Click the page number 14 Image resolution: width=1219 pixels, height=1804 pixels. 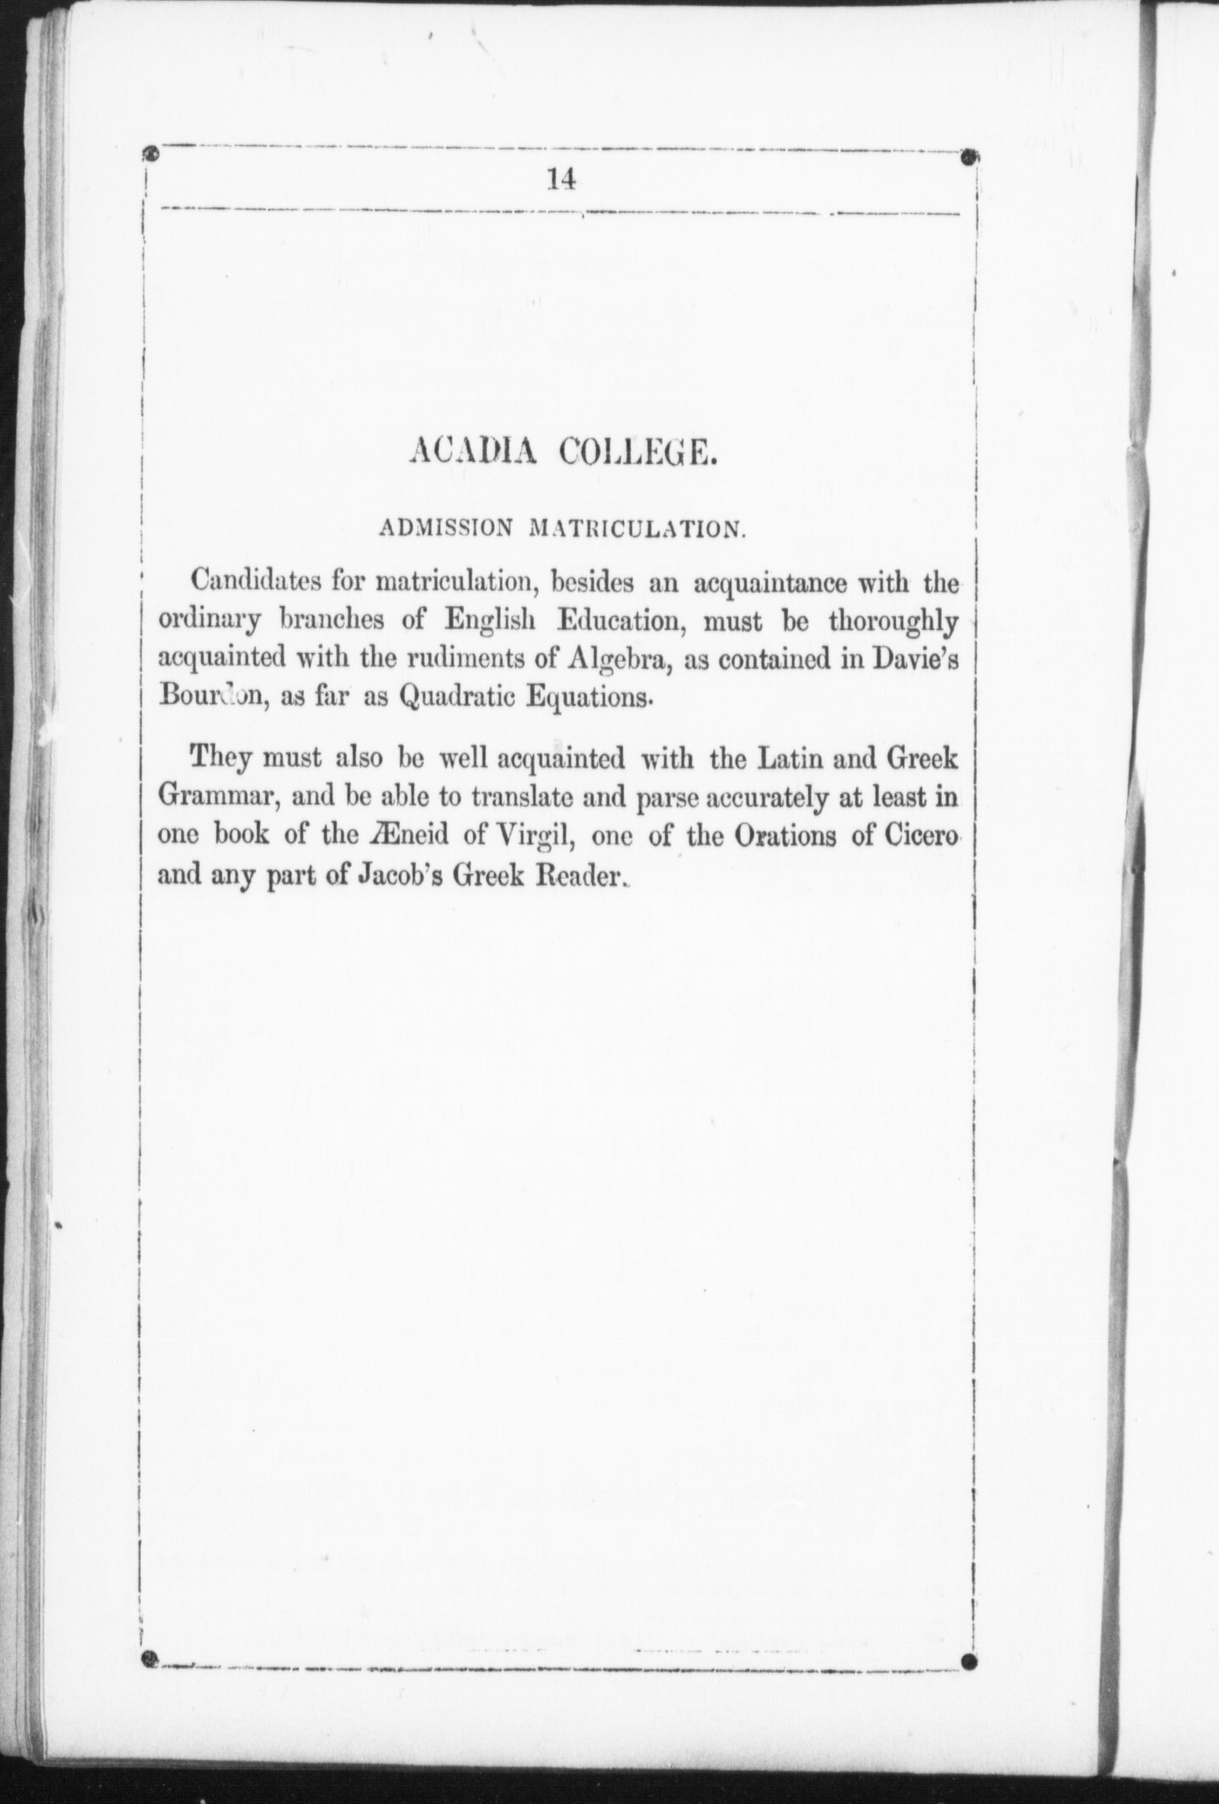[561, 180]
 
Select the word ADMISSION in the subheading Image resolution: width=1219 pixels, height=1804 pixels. [445, 529]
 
